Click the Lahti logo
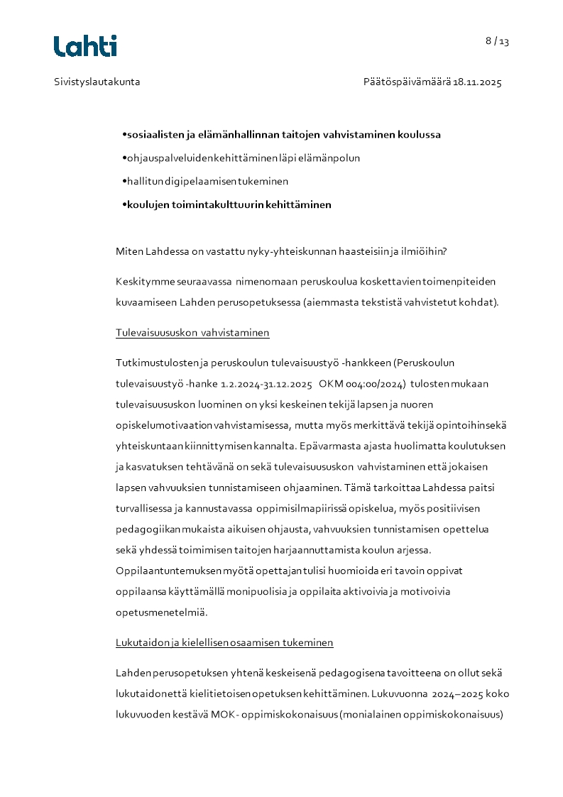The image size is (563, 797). (x=85, y=45)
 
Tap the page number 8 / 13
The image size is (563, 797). (x=497, y=41)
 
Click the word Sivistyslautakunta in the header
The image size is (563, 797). (x=97, y=82)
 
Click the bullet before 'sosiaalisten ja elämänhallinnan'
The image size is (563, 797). (x=124, y=134)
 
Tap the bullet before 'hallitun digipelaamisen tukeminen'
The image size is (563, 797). (x=124, y=181)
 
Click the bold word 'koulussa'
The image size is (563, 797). (x=420, y=134)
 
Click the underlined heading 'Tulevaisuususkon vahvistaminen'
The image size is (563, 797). (x=192, y=332)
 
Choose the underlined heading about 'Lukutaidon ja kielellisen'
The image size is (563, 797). (x=224, y=642)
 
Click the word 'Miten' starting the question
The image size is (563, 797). (x=129, y=251)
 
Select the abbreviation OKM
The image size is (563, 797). (x=331, y=384)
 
